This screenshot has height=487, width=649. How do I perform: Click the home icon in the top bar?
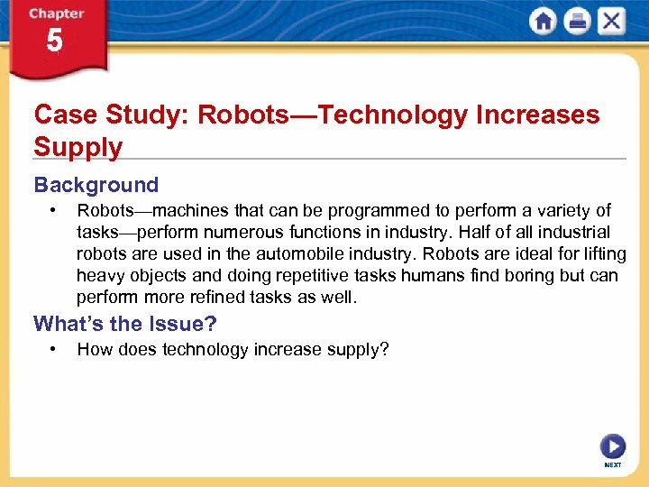point(543,22)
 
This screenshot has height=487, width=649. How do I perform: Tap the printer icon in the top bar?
point(577,22)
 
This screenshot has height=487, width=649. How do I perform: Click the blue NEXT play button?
point(612,446)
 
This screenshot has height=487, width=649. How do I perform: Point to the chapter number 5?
point(55,41)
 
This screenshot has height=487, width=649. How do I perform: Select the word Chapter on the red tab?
point(55,14)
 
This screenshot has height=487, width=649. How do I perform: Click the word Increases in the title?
point(539,115)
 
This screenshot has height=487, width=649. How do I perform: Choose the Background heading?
point(96,185)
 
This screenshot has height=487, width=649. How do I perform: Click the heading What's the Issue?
point(125,324)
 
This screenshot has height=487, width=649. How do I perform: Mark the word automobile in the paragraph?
point(335,254)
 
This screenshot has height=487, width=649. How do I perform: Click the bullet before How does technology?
point(55,349)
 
